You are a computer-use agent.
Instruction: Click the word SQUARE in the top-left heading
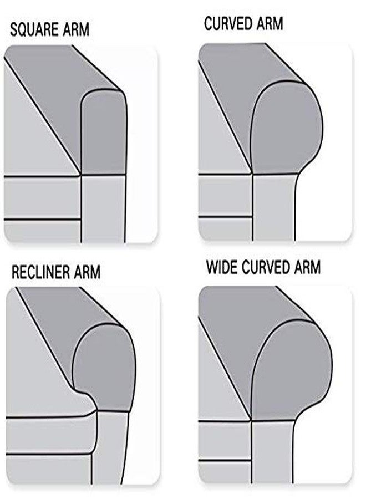tap(34, 30)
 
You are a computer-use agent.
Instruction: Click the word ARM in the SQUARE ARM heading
tap(76, 30)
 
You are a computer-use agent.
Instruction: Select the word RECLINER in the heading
tap(40, 272)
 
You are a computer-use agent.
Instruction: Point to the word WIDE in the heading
tap(222, 267)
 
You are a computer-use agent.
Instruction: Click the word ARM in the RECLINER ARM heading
tap(87, 272)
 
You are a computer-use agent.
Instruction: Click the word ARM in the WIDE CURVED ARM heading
tap(307, 267)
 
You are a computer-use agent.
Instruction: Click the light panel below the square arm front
tap(103, 208)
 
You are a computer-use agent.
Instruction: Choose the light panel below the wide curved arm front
tap(272, 452)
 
